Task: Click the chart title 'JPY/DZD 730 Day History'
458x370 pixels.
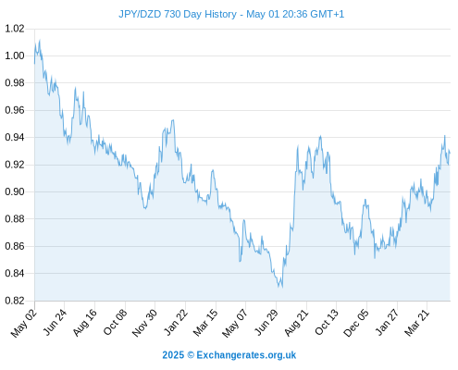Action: tap(178, 14)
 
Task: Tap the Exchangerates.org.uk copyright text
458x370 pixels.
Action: tap(229, 355)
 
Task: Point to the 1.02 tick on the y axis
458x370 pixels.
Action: tap(15, 29)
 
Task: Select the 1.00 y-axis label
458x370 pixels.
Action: tap(15, 55)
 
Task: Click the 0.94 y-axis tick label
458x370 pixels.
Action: tap(15, 137)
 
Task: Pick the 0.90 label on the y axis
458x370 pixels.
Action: tap(15, 191)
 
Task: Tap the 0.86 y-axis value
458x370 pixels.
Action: tap(15, 246)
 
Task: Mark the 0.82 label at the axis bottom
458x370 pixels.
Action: tap(15, 301)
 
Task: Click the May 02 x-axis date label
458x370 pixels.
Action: tap(24, 323)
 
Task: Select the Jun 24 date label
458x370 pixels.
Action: tap(55, 322)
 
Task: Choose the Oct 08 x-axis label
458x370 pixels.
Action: tap(115, 322)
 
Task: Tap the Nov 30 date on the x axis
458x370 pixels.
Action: tap(144, 323)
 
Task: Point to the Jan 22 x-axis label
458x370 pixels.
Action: tap(176, 322)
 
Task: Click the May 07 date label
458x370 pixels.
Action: tap(235, 323)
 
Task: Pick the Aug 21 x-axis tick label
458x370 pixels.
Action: tap(296, 322)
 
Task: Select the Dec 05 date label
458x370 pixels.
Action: tap(356, 323)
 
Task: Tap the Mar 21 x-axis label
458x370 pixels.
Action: tap(417, 322)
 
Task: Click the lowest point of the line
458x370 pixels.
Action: tap(282, 288)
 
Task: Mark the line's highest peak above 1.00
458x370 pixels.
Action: tap(40, 40)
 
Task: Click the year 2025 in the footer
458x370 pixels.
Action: tap(173, 355)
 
